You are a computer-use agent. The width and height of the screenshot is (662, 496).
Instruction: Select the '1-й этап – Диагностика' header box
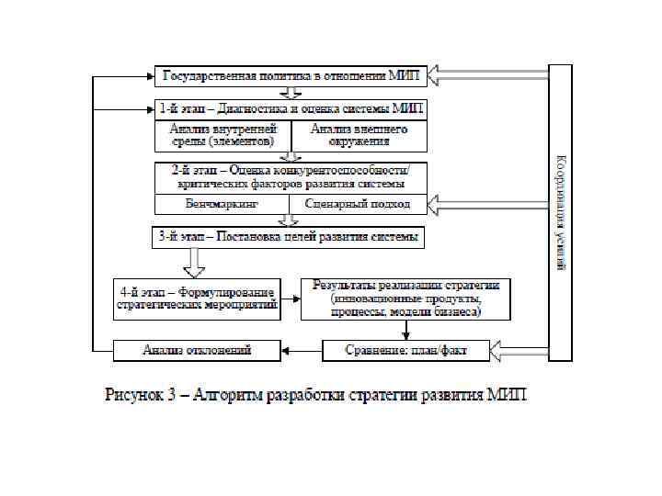point(291,107)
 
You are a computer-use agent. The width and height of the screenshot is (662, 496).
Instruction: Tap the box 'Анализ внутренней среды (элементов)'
point(223,135)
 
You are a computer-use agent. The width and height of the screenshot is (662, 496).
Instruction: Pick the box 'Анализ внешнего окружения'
point(360,135)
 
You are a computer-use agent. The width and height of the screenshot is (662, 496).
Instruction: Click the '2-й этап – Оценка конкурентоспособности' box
point(291,176)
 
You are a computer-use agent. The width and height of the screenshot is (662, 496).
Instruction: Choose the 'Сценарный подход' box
point(359,203)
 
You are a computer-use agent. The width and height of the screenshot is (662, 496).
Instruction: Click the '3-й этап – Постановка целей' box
point(288,237)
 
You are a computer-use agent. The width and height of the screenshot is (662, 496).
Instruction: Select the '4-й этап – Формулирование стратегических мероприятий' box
point(197,299)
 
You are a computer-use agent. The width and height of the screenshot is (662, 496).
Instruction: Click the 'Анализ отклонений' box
point(197,350)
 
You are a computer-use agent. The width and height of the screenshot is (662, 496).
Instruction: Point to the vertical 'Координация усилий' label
point(560,211)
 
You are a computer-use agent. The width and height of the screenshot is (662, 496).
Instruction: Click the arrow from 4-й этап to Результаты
point(291,299)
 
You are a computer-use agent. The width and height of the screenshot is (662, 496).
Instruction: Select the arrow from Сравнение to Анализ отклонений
point(302,350)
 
